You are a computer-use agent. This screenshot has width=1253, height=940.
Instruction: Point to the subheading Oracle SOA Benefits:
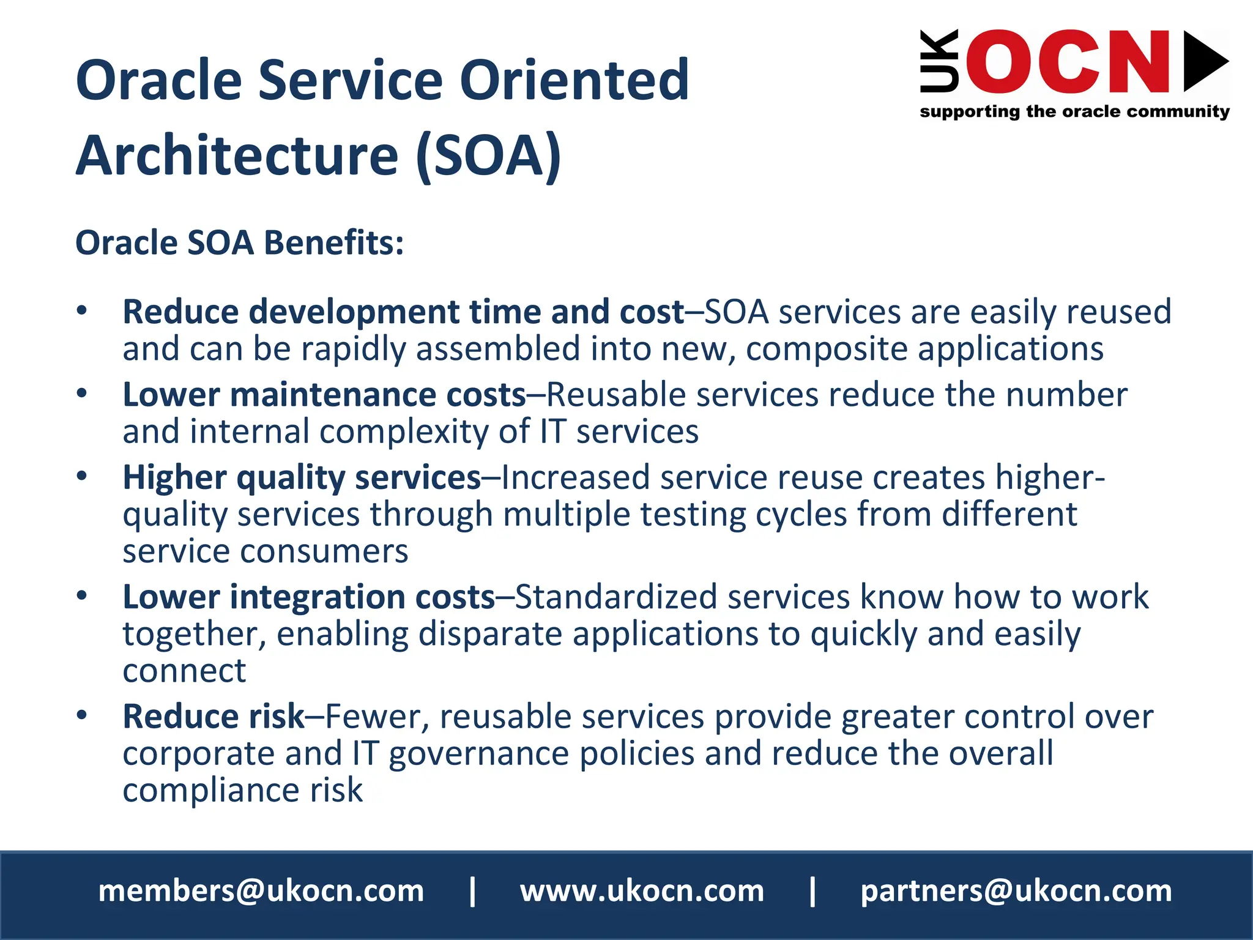click(x=239, y=242)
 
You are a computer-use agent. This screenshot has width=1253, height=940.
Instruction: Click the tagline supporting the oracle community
click(x=1074, y=111)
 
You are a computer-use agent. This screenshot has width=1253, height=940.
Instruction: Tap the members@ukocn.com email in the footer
click(x=261, y=891)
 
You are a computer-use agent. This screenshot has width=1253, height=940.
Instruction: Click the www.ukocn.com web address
click(x=642, y=891)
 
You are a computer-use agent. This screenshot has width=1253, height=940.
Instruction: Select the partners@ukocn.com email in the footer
click(x=1016, y=891)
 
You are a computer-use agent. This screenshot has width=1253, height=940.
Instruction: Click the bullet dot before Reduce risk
click(x=82, y=715)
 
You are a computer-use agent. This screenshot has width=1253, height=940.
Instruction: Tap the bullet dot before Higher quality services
click(x=82, y=476)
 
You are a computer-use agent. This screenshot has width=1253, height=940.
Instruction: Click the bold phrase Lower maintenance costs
click(x=324, y=395)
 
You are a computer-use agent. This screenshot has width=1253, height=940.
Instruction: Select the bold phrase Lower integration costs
click(x=308, y=597)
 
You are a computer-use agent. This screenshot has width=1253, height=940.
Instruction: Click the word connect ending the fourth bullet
click(x=184, y=671)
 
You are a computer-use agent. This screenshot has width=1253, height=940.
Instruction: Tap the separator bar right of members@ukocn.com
click(x=472, y=891)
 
